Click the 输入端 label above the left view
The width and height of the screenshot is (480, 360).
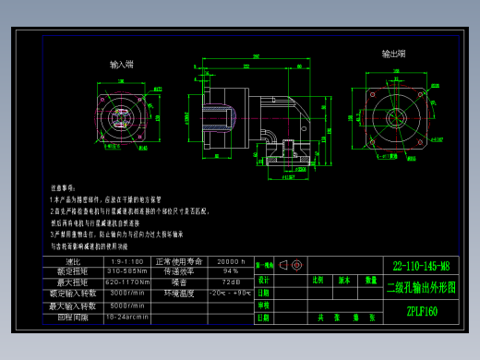(122, 65)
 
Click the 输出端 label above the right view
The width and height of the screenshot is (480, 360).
(394, 54)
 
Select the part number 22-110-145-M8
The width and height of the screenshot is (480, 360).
(421, 265)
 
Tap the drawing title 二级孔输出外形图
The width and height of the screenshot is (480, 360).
(421, 287)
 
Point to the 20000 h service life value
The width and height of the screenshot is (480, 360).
(230, 261)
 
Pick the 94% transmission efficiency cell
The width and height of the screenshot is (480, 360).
(230, 271)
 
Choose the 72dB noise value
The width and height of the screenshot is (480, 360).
(230, 282)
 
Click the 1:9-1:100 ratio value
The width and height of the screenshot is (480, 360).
(126, 261)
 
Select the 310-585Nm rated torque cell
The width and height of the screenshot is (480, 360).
(127, 271)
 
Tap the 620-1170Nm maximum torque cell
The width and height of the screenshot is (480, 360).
(127, 282)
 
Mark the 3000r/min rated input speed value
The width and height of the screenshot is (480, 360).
(127, 294)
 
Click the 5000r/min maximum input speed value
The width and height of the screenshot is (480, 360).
(127, 306)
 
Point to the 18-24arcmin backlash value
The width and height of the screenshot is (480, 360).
(127, 317)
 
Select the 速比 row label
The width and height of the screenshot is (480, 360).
(74, 261)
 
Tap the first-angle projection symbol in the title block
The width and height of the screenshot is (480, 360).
(290, 265)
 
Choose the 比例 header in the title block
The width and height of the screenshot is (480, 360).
(318, 279)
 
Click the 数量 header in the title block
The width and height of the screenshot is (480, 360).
(370, 279)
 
